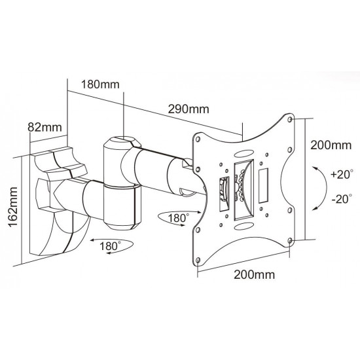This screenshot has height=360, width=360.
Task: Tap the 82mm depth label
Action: point(40,127)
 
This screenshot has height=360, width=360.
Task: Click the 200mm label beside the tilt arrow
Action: point(331,143)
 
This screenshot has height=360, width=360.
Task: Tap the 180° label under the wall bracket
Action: point(110,246)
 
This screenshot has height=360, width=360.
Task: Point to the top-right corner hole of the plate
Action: point(291,120)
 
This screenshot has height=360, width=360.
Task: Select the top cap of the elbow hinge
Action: point(122,141)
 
